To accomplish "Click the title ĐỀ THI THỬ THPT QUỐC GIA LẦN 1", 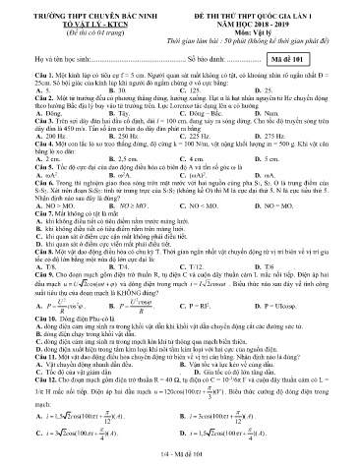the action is (x=267, y=8).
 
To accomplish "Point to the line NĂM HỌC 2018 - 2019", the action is (x=267, y=17).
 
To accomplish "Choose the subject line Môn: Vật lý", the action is (x=267, y=26).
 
